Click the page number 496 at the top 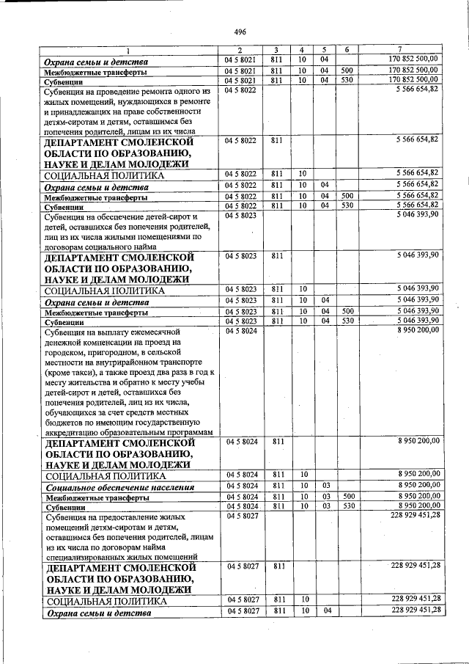coord(240,32)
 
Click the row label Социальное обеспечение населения coord(119,486)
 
